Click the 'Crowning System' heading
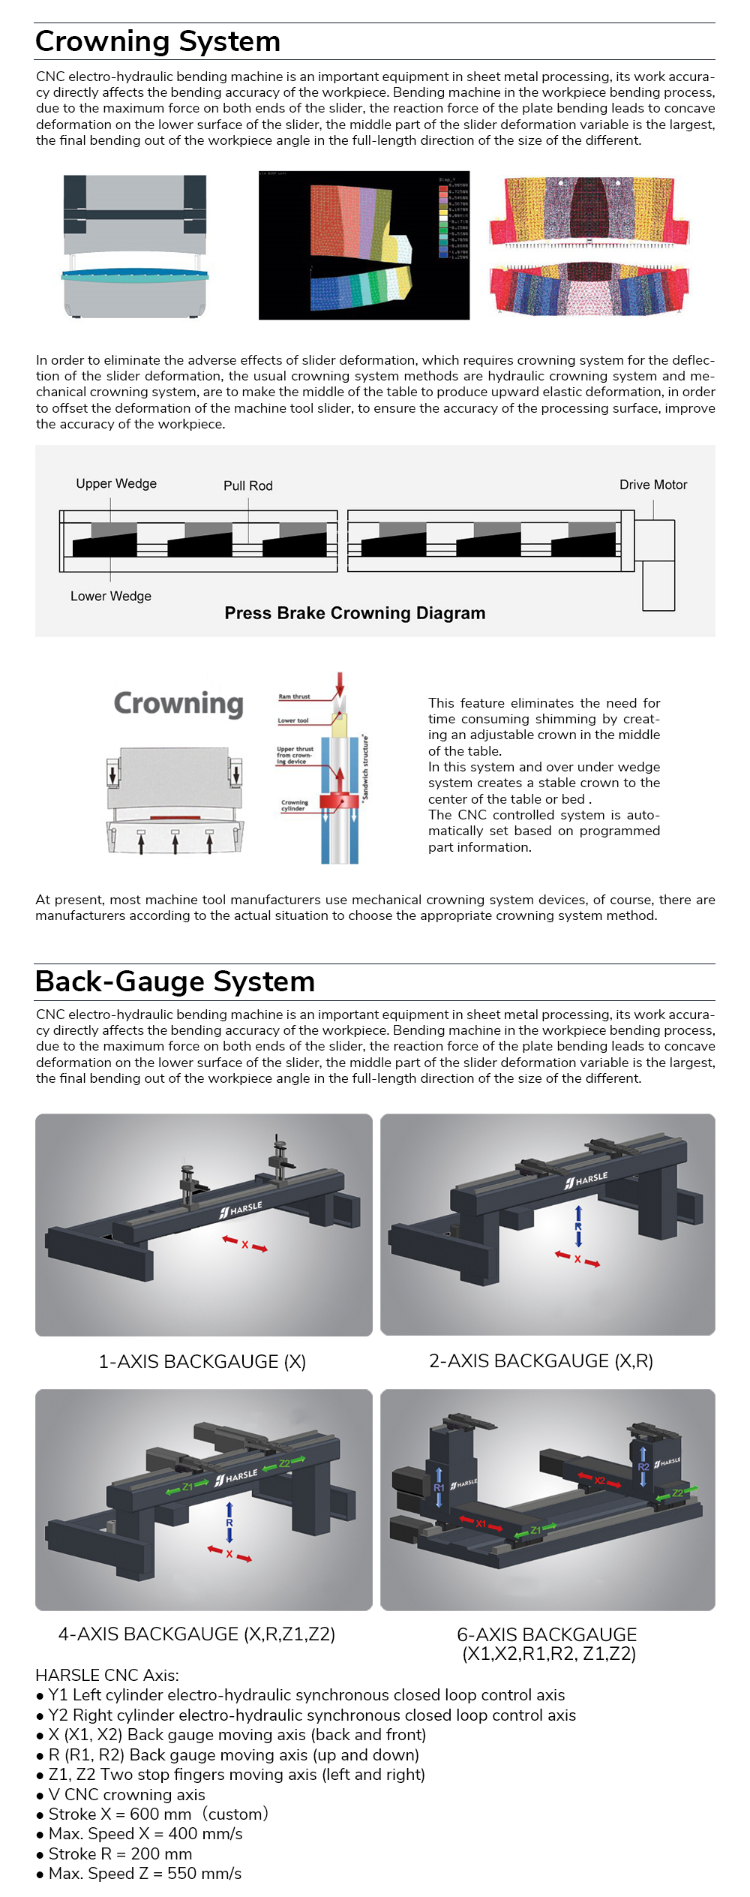pyautogui.click(x=157, y=42)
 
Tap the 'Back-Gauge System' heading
pyautogui.click(x=175, y=982)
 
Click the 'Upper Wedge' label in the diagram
pyautogui.click(x=116, y=484)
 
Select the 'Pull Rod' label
pyautogui.click(x=247, y=486)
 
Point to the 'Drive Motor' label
pyautogui.click(x=652, y=485)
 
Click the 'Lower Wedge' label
pyautogui.click(x=111, y=596)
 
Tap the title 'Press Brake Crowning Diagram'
pyautogui.click(x=355, y=613)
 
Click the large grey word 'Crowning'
pyautogui.click(x=178, y=704)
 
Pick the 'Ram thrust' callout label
pyautogui.click(x=294, y=696)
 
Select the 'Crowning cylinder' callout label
pyautogui.click(x=294, y=805)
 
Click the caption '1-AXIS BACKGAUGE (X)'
pyautogui.click(x=202, y=1361)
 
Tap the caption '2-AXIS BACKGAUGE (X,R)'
pyautogui.click(x=541, y=1360)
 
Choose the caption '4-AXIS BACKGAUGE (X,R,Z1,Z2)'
pyautogui.click(x=196, y=1634)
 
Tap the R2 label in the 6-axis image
pyautogui.click(x=643, y=1466)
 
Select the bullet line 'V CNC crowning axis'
pyautogui.click(x=126, y=1794)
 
